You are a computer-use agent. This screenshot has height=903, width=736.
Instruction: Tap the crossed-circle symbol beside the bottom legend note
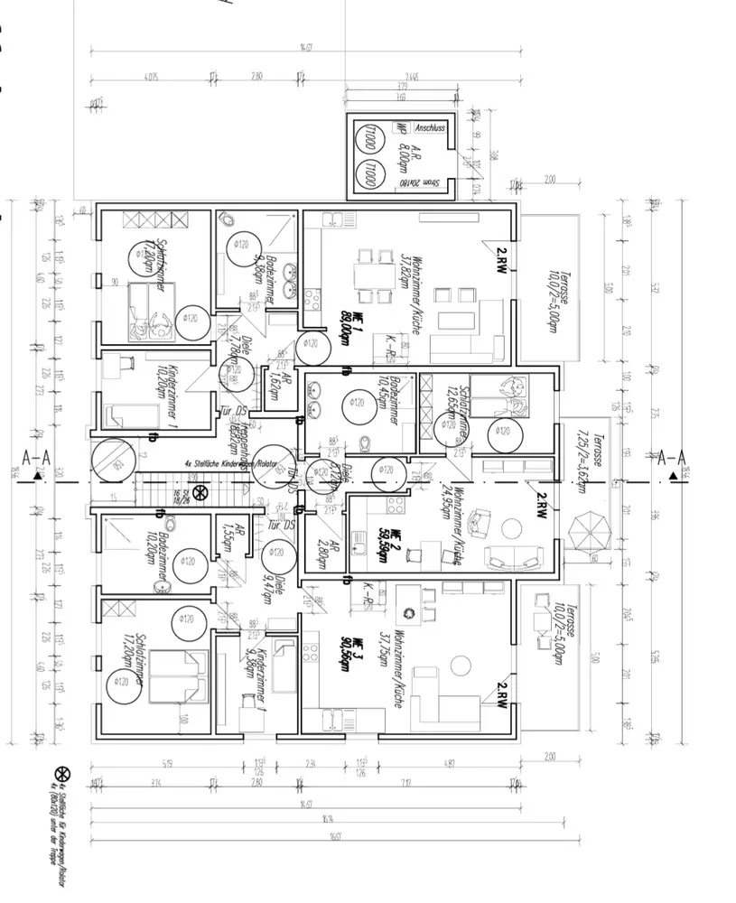(x=62, y=774)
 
